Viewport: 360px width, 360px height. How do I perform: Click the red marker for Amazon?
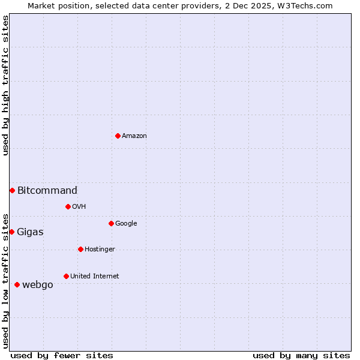pos(118,136)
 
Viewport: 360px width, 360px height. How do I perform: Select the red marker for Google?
pos(111,223)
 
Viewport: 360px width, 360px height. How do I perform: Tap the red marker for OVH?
pos(68,206)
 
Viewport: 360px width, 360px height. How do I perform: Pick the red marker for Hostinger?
pos(80,249)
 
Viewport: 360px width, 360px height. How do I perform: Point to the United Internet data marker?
pos(66,276)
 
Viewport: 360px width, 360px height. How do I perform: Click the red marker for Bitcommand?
pos(12,190)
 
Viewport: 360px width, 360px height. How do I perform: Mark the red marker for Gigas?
pos(11,232)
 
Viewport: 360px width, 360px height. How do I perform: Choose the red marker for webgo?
pos(17,284)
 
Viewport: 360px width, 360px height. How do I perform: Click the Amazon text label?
pos(134,136)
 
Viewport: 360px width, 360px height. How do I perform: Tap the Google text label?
pos(126,224)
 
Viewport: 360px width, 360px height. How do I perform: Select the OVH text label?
pos(79,207)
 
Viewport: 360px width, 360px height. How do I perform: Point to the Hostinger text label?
pos(100,250)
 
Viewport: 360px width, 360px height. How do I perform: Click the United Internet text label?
pos(94,277)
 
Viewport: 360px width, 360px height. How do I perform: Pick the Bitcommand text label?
pos(47,191)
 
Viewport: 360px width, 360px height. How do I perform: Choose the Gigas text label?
pos(30,232)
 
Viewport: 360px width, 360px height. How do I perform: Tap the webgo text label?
pos(38,285)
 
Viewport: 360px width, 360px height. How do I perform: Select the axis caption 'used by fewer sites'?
pos(62,355)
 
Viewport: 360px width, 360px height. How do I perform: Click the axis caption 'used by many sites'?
pos(301,355)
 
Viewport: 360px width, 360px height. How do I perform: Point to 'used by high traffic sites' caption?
pos(5,85)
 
